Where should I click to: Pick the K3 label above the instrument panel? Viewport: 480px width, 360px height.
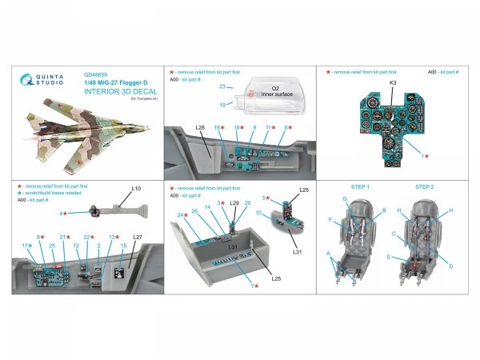[x=393, y=82]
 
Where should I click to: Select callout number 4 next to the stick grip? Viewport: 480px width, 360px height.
[x=62, y=214]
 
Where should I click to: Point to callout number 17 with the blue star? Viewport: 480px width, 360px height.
[x=25, y=246]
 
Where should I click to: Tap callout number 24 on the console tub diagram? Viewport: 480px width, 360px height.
[x=181, y=215]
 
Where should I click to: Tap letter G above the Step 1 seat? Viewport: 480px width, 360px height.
[x=345, y=198]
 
